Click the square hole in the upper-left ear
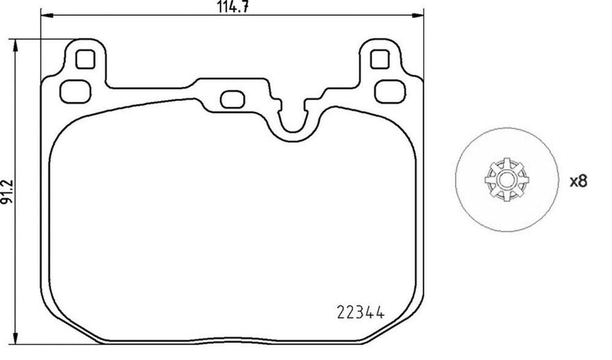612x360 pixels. click(x=86, y=59)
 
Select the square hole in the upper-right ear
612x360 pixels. click(x=379, y=59)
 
